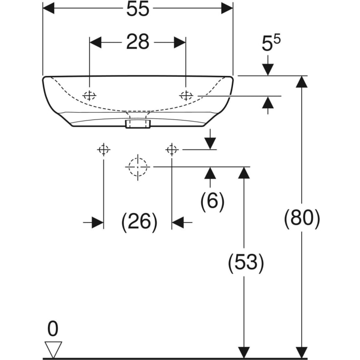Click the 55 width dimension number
pos(138,9)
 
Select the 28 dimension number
pos(138,42)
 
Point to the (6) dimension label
pos(213,201)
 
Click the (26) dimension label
pos(140,222)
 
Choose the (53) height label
pos(246,263)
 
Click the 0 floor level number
pos(53,329)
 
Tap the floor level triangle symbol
pos(53,349)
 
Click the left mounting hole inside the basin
pos(89,96)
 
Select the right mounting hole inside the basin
pos(186,96)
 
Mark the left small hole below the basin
pos(103,150)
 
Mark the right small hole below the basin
pos(172,150)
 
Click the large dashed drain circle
pos(138,158)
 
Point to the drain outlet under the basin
pos(138,124)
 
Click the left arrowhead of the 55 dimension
pos(48,8)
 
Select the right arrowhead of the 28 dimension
pos(180,43)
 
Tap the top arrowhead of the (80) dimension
pos(301,82)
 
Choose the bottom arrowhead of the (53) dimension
pos(244,353)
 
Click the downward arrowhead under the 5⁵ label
pos(268,70)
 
